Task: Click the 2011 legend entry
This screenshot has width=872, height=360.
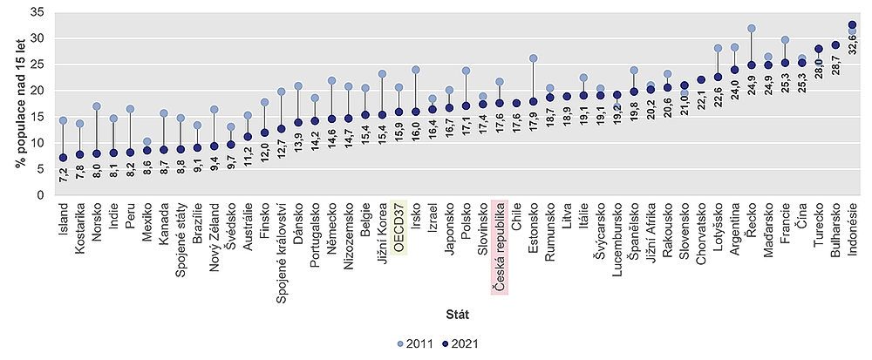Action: pos(414,346)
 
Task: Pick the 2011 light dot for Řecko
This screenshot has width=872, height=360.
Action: pos(751,29)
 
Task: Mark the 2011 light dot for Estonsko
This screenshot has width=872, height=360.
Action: pos(533,58)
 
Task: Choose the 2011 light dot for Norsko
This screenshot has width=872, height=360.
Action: pos(96,106)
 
